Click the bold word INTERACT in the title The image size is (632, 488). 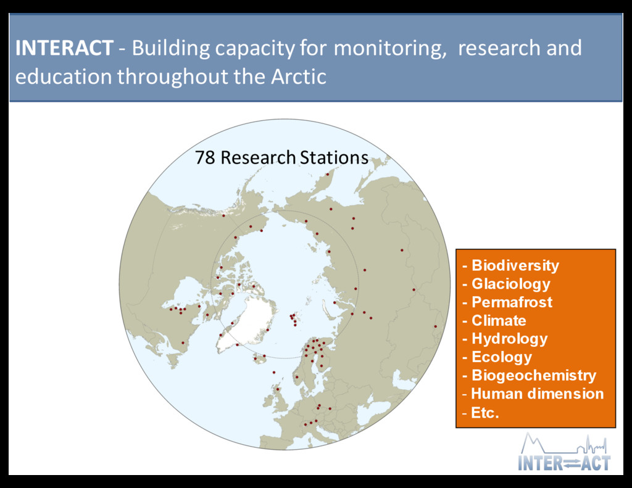click(64, 48)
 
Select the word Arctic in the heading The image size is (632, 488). click(298, 77)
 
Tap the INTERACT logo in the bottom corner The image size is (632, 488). click(564, 452)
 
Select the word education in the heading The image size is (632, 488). click(64, 77)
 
